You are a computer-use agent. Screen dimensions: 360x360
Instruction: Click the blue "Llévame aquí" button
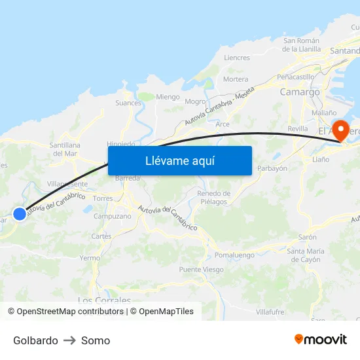pyautogui.click(x=180, y=160)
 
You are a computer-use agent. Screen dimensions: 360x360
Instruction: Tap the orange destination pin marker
pyautogui.click(x=341, y=130)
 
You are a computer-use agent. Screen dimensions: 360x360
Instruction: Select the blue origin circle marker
pyautogui.click(x=20, y=213)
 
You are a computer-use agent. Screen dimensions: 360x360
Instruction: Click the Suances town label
pyautogui.click(x=128, y=103)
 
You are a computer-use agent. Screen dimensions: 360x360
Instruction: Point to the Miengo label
pyautogui.click(x=168, y=97)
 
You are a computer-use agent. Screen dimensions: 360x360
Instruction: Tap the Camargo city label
pyautogui.click(x=300, y=92)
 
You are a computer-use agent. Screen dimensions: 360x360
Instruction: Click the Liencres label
pyautogui.click(x=237, y=58)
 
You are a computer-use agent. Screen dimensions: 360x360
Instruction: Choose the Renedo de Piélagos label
pyautogui.click(x=214, y=197)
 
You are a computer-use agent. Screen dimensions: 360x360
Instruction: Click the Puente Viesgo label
pyautogui.click(x=201, y=270)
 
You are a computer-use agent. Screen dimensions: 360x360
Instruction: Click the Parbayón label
pyautogui.click(x=272, y=168)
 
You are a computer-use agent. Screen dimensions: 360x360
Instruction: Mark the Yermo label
pyautogui.click(x=89, y=258)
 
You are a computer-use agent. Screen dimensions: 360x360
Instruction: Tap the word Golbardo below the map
pyautogui.click(x=35, y=340)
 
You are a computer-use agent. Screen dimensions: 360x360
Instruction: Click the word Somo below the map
pyautogui.click(x=96, y=340)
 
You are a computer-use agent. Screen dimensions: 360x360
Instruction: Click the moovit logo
pyautogui.click(x=321, y=339)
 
